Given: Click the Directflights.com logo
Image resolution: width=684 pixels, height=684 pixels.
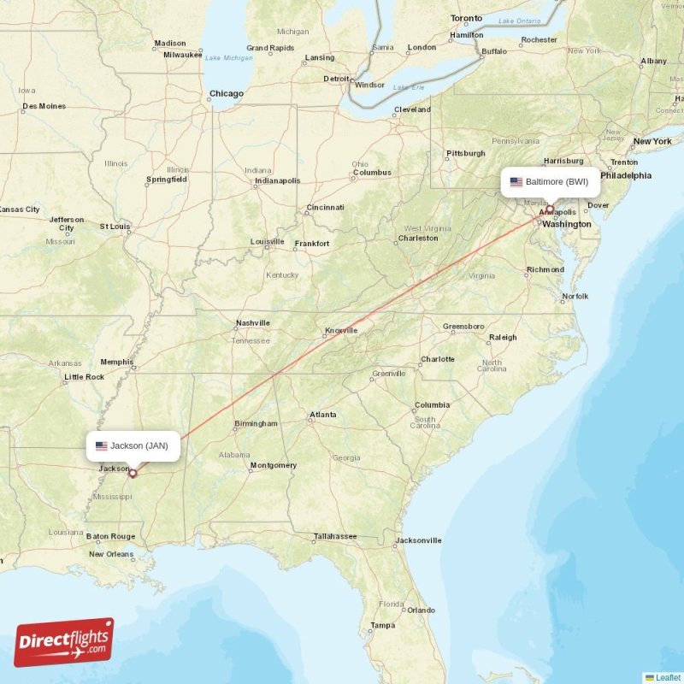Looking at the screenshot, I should coord(64,642).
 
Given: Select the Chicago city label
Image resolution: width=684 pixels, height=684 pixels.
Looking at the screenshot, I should coord(227,94).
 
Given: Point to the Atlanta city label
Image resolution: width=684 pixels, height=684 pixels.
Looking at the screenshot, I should coord(323,415).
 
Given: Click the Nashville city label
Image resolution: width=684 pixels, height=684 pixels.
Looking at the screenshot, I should coord(253,323).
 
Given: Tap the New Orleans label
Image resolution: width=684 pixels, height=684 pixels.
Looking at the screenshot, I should coord(110,554).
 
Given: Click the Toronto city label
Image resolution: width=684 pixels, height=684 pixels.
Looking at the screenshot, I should coord(466,18).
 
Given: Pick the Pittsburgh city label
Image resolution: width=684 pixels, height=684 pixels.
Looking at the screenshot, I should coord(465,154).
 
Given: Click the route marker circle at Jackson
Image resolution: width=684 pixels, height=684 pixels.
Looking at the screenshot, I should coord(133,473).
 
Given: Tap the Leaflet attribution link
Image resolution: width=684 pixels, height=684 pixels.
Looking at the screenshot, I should coord(668,677).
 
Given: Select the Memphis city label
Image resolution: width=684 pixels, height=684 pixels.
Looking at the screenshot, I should coord(116,362).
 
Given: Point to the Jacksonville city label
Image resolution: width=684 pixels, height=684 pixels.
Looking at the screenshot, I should coord(419,540).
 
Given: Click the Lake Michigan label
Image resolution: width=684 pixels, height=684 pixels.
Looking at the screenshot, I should coord(228,57).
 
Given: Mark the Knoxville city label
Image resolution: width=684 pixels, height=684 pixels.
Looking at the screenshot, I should coord(340,331).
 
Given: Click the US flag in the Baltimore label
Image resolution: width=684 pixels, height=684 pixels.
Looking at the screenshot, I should coord(516,182).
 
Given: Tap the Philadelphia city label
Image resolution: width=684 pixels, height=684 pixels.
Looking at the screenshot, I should coord(625,175).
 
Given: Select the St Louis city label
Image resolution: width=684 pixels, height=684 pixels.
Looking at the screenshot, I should coord(115,227).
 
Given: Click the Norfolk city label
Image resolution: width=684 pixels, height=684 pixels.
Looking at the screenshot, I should coord(575,297).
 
